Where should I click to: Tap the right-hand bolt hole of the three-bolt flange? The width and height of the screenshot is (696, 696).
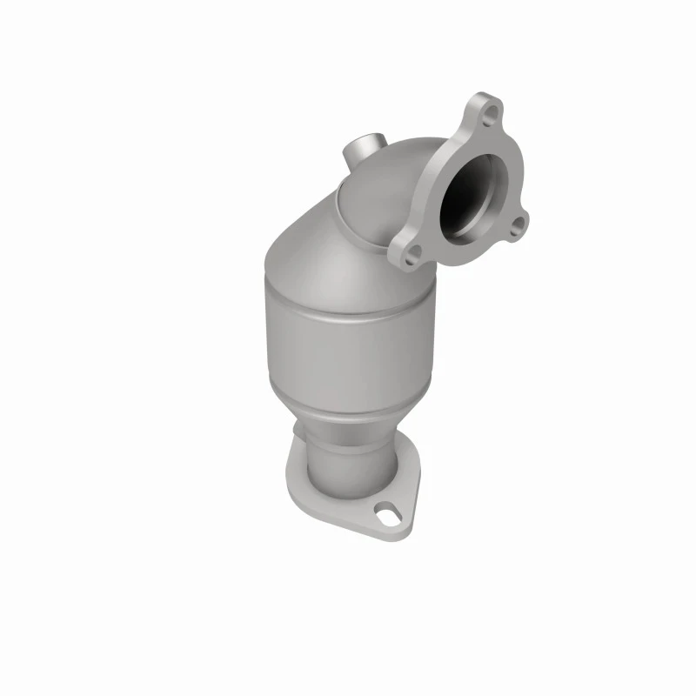pyautogui.click(x=517, y=228)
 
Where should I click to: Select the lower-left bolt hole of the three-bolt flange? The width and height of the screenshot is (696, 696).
pyautogui.click(x=412, y=251)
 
